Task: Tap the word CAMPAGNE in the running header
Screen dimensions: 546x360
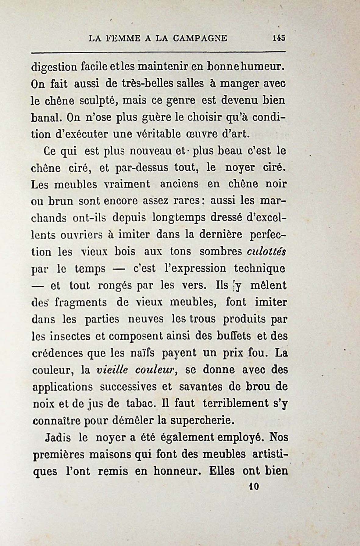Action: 200,38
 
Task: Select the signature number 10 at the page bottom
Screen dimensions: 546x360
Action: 254,486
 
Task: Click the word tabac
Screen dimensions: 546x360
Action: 140,404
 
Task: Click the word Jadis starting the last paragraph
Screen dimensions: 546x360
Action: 58,438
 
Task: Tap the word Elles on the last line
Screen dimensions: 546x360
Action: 222,471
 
